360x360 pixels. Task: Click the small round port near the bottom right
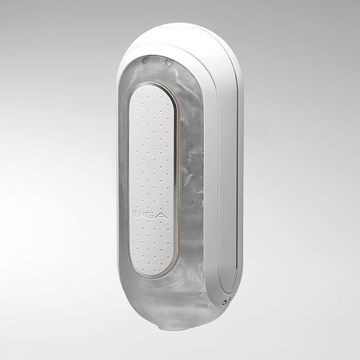click(226, 301)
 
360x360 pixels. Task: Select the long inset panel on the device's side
click(229, 183)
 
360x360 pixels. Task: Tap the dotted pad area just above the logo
click(149, 195)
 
